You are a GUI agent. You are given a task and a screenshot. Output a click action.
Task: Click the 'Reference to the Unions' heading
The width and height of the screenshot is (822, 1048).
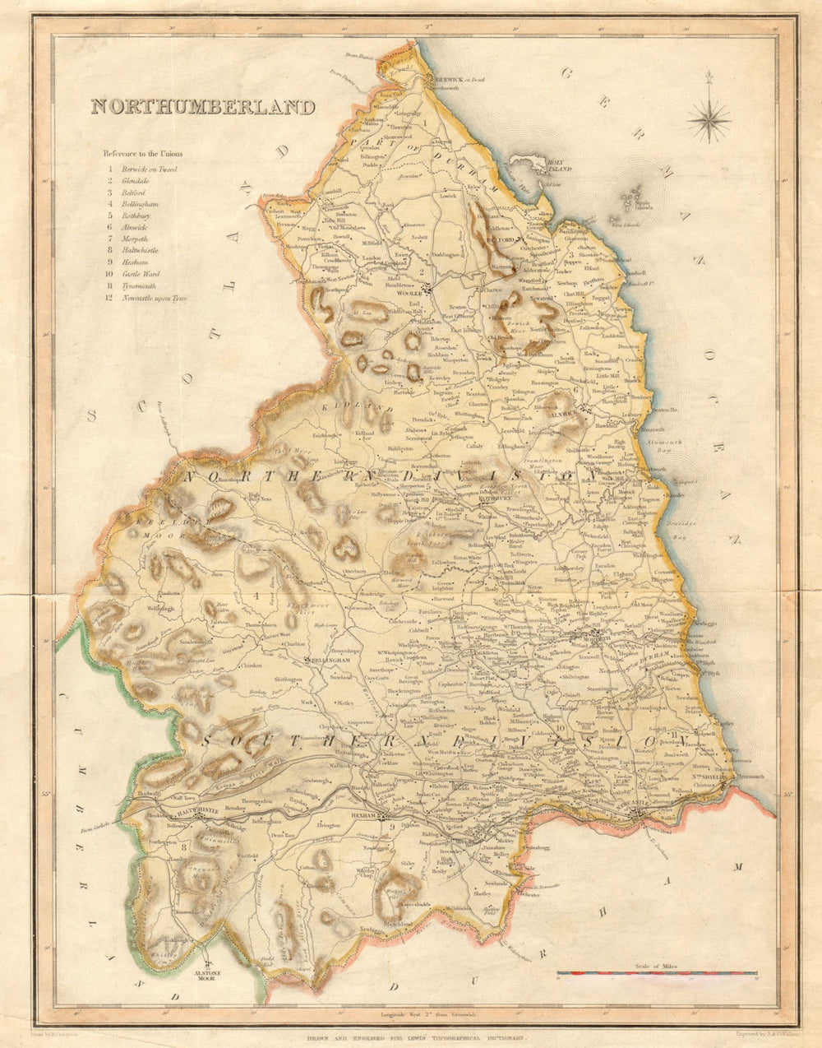pos(143,154)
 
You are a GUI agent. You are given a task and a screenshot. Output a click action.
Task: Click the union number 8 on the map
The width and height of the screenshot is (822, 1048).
pos(184,846)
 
